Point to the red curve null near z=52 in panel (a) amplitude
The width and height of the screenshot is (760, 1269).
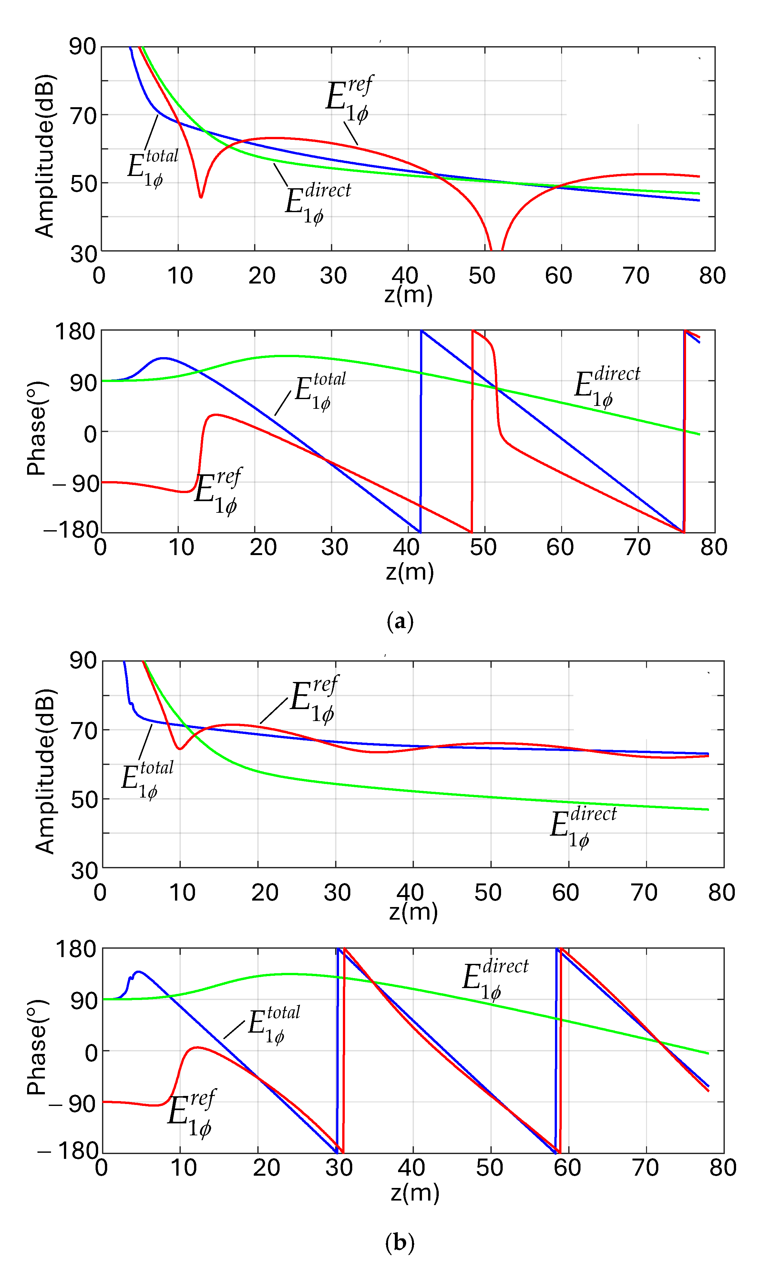[496, 248]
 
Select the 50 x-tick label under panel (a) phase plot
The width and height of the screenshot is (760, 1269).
[483, 547]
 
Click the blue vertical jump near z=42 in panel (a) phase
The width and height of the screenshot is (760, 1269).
[421, 430]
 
